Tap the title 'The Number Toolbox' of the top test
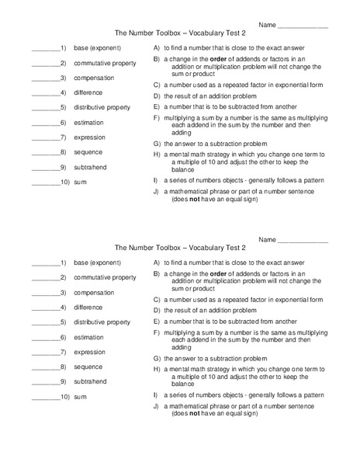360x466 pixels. pyautogui.click(x=147, y=33)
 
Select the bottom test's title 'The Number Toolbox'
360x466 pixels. pyautogui.click(x=147, y=248)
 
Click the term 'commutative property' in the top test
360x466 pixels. pyautogui.click(x=105, y=63)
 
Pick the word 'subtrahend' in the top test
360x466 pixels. pyautogui.click(x=92, y=167)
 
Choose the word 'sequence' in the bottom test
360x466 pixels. pyautogui.click(x=89, y=367)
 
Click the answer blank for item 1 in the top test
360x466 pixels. pyautogui.click(x=45, y=49)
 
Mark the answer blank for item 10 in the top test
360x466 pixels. pyautogui.click(x=43, y=183)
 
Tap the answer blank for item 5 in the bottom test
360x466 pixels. pyautogui.click(x=45, y=322)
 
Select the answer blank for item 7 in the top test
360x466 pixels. pyautogui.click(x=45, y=137)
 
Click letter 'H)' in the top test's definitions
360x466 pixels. pyautogui.click(x=156, y=155)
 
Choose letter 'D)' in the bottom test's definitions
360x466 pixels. pyautogui.click(x=156, y=309)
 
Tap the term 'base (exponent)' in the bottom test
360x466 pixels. pyautogui.click(x=98, y=263)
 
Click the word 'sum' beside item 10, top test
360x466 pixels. pyautogui.click(x=80, y=183)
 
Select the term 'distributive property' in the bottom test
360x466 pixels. pyautogui.click(x=102, y=322)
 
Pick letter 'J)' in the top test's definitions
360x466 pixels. pyautogui.click(x=156, y=192)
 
